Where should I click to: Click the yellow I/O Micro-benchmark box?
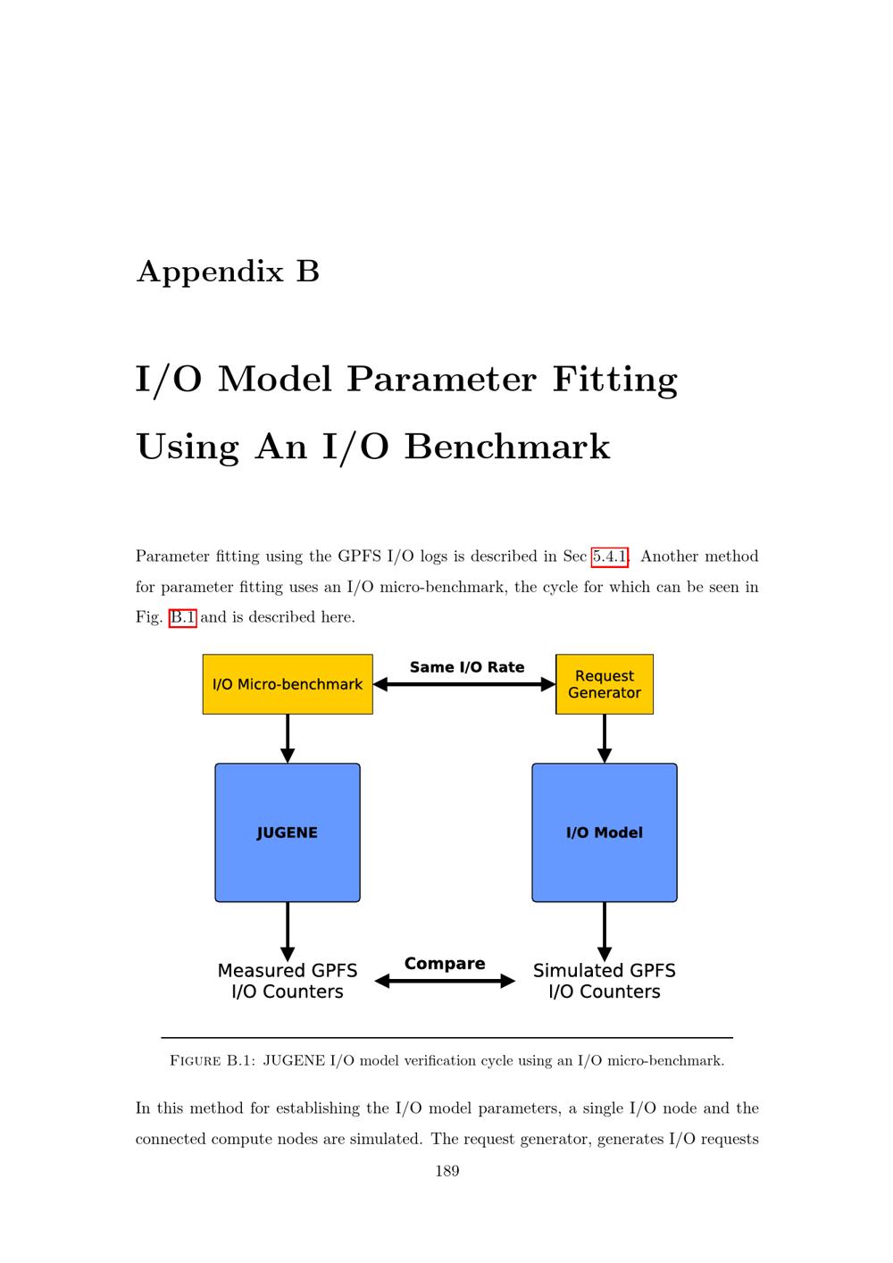(288, 684)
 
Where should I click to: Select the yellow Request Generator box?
(605, 684)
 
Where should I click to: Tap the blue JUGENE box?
(288, 832)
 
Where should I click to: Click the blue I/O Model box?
(605, 832)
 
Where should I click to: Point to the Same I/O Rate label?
(467, 667)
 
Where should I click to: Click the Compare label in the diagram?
(445, 964)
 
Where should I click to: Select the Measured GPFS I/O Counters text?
(288, 981)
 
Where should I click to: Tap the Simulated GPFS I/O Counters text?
(605, 981)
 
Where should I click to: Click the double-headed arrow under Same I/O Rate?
(464, 684)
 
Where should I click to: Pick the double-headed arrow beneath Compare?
(445, 981)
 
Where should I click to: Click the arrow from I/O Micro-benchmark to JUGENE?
(288, 739)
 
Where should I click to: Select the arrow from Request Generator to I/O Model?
(605, 739)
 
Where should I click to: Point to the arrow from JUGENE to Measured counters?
(288, 932)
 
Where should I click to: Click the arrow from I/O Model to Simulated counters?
(605, 932)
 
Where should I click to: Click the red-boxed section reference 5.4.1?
(609, 557)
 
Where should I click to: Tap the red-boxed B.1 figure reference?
(183, 617)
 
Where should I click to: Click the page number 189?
(447, 1171)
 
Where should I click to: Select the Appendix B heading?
(228, 272)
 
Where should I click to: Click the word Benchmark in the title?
(507, 447)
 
